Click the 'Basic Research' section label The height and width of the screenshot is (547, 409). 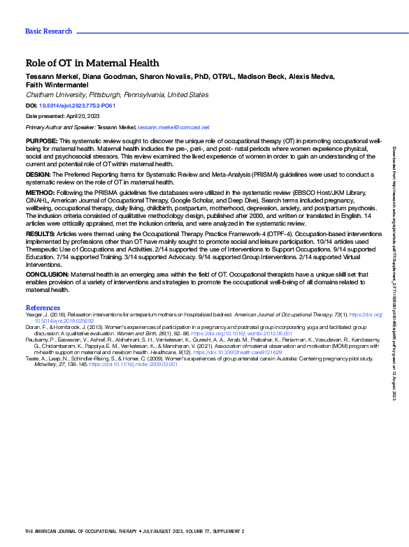point(48,31)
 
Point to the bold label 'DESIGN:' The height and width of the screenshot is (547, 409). point(38,175)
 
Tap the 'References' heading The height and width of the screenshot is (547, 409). point(43,308)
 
